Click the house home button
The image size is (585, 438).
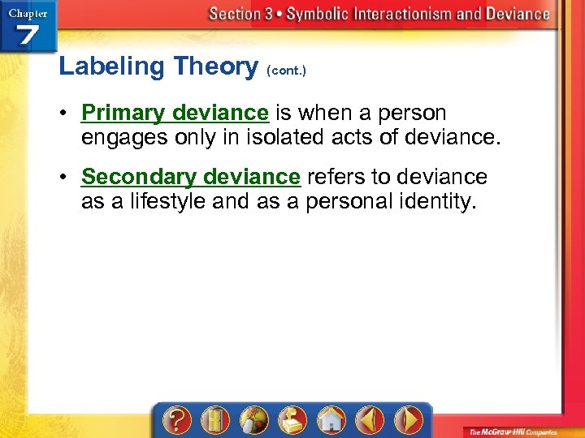click(331, 421)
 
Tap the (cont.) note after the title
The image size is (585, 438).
click(286, 71)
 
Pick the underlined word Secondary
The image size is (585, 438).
click(139, 176)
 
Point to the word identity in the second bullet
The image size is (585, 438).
click(433, 201)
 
